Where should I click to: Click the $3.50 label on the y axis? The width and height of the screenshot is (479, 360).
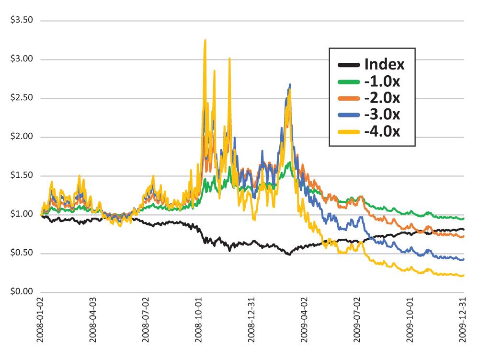(x=20, y=21)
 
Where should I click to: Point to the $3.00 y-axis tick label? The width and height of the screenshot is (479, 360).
(x=20, y=59)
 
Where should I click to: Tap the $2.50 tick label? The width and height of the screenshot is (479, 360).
(x=20, y=98)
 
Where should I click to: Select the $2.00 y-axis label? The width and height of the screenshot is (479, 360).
(x=20, y=137)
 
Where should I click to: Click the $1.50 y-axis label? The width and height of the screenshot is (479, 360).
(x=20, y=176)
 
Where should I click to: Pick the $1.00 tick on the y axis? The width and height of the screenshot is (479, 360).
(x=20, y=214)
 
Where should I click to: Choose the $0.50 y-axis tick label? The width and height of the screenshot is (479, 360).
(x=20, y=253)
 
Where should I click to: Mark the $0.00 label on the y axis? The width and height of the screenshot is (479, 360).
(x=20, y=292)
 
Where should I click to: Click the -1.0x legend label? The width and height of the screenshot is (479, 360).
(x=382, y=81)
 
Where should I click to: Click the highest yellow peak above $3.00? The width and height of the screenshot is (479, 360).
(x=205, y=40)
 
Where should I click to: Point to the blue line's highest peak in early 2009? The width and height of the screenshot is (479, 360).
(x=290, y=85)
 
